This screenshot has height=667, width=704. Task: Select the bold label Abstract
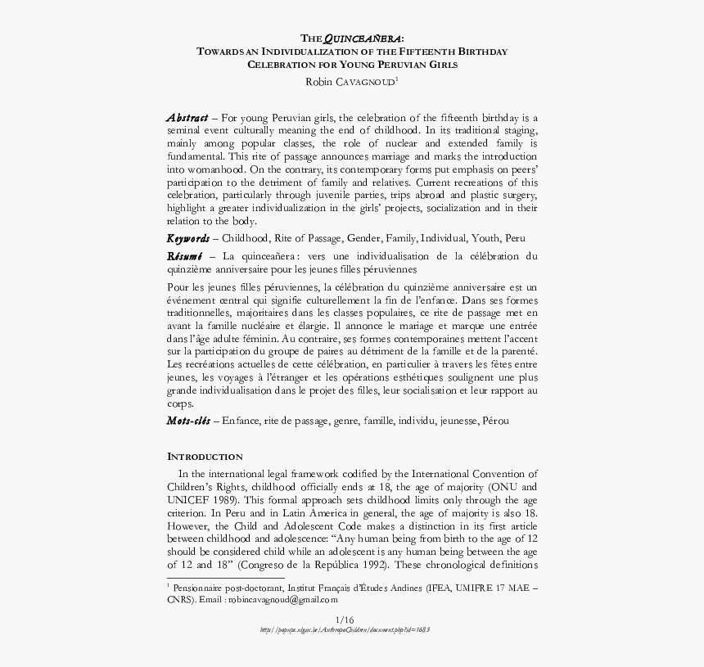[187, 118]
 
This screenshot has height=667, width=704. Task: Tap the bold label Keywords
[187, 238]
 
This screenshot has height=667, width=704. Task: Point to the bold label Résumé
[185, 256]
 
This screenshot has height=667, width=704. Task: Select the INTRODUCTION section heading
[205, 457]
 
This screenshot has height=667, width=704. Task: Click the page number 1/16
[345, 619]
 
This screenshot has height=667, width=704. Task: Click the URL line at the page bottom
[345, 630]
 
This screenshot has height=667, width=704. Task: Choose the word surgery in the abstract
[517, 196]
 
